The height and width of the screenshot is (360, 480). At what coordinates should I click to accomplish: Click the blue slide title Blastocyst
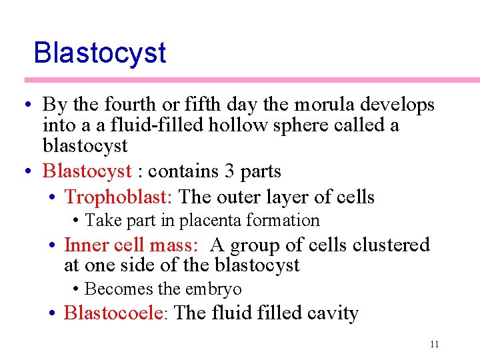[99, 53]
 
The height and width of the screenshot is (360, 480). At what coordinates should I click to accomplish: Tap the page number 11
[434, 344]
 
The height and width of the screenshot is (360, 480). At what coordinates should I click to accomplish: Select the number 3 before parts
[229, 171]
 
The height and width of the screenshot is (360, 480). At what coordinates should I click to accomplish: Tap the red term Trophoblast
[118, 197]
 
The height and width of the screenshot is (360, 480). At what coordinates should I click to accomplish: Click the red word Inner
[86, 245]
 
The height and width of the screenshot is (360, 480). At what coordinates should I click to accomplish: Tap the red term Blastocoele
[113, 313]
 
